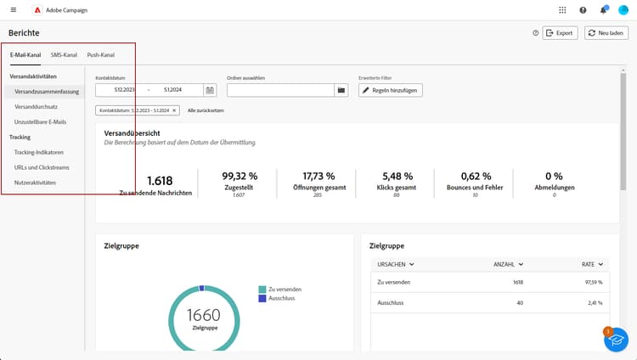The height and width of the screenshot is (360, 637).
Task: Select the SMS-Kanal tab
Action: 63,55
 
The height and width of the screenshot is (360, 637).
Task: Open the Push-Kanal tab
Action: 100,55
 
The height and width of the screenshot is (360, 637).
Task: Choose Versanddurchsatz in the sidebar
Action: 36,106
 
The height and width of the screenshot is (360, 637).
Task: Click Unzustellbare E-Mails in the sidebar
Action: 42,121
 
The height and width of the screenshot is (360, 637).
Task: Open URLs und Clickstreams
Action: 42,167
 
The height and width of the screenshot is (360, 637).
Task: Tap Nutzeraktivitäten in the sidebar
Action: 36,183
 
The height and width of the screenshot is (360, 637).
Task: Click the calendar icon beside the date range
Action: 210,90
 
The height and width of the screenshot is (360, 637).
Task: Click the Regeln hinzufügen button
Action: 391,90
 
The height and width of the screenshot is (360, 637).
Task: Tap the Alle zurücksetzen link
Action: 206,110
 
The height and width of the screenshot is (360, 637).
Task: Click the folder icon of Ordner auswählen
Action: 341,90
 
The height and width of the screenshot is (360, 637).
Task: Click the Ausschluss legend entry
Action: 284,298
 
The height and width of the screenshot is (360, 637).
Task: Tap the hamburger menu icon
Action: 13,10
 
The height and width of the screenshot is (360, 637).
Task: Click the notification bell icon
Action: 603,10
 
